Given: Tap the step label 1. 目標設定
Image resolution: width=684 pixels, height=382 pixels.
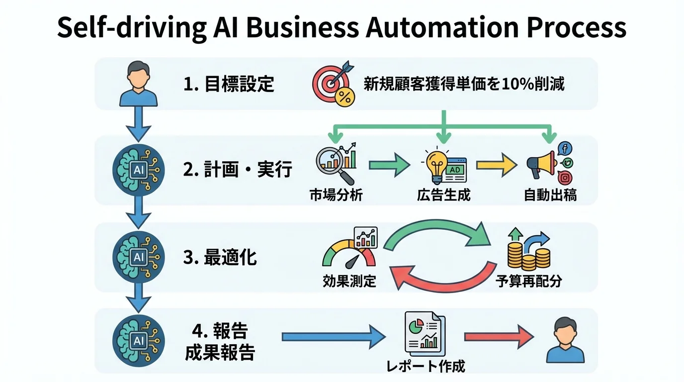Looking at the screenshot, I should (229, 84).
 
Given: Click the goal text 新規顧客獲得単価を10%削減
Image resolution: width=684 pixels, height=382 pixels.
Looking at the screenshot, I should (464, 84).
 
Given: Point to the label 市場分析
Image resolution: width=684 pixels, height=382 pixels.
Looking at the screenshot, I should (336, 195).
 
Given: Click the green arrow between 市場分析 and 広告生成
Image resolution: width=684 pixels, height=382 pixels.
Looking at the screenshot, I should (389, 166).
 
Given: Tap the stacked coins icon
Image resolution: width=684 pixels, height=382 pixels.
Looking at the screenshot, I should (528, 250).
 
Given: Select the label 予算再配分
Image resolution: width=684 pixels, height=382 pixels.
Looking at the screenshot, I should (528, 282).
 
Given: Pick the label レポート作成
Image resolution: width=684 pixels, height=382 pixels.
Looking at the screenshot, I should (426, 367).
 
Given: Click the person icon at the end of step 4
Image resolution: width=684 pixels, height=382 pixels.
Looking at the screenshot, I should (565, 341).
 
